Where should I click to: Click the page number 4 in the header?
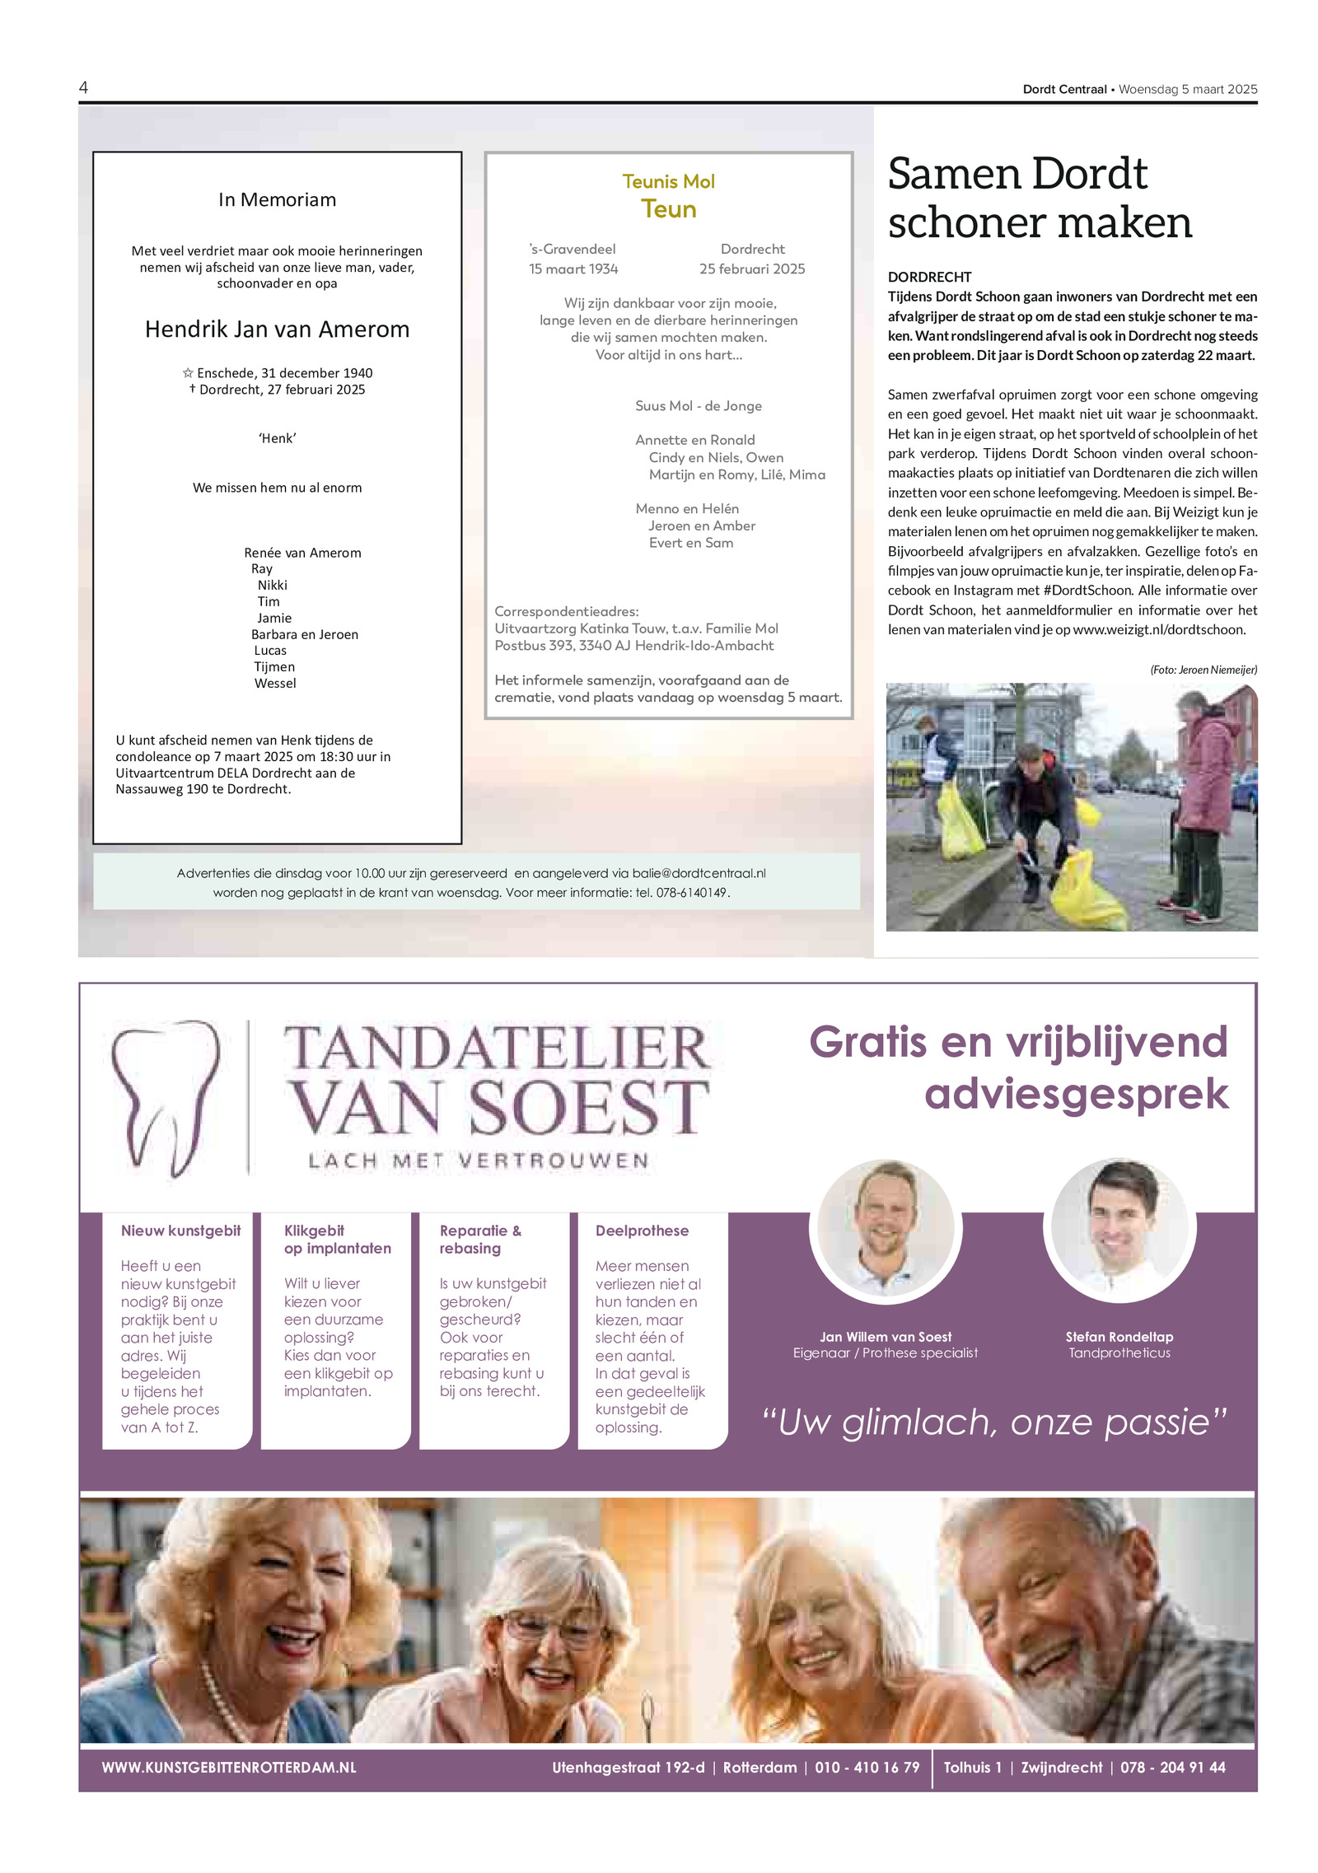[x=83, y=87]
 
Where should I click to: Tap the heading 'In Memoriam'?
[x=277, y=199]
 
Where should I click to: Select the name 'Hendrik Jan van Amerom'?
[x=277, y=329]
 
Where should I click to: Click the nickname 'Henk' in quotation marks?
[x=277, y=438]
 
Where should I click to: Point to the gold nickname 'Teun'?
[x=668, y=209]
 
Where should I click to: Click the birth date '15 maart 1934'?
[x=573, y=269]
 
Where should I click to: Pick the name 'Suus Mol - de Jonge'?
[x=698, y=405]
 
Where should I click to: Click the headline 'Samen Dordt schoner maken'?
[x=1040, y=198]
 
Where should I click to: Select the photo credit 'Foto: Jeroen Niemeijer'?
[x=1203, y=670]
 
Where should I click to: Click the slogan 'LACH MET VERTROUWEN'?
[x=479, y=1161]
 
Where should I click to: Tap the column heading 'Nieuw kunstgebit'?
[x=180, y=1231]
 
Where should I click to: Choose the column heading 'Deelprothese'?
[x=642, y=1231]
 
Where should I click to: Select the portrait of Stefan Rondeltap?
[x=1119, y=1227]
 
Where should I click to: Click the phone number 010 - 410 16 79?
[x=867, y=1768]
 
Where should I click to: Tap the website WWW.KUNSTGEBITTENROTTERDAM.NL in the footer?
[x=229, y=1768]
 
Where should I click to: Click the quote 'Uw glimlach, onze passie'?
[x=994, y=1422]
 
